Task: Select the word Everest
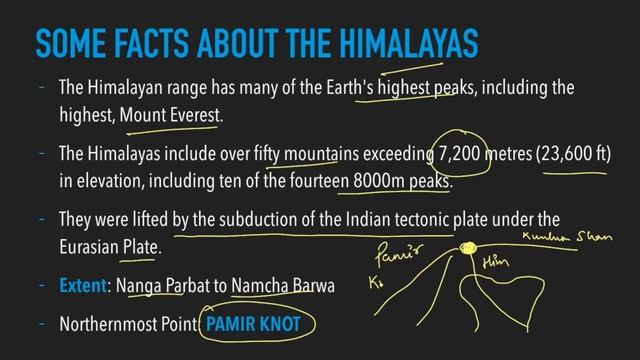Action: pyautogui.click(x=188, y=117)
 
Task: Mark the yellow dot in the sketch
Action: pyautogui.click(x=466, y=247)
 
